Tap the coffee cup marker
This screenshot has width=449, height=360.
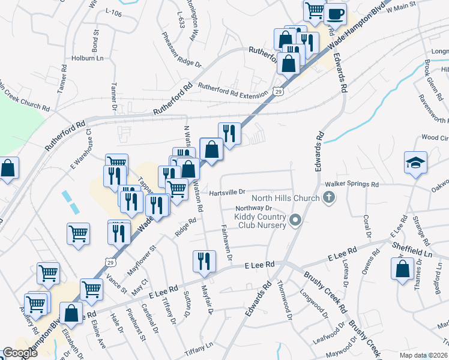(335, 13)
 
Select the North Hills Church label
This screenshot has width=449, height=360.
(285, 198)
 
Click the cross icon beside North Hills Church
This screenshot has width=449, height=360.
(328, 197)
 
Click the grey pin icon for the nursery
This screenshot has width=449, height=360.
(294, 221)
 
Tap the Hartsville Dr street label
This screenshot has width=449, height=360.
(228, 192)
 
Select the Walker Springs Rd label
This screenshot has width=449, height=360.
(352, 184)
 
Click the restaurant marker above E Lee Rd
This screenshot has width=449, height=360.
(203, 262)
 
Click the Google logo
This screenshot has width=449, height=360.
(20, 353)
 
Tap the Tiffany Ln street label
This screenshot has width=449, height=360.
(199, 346)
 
